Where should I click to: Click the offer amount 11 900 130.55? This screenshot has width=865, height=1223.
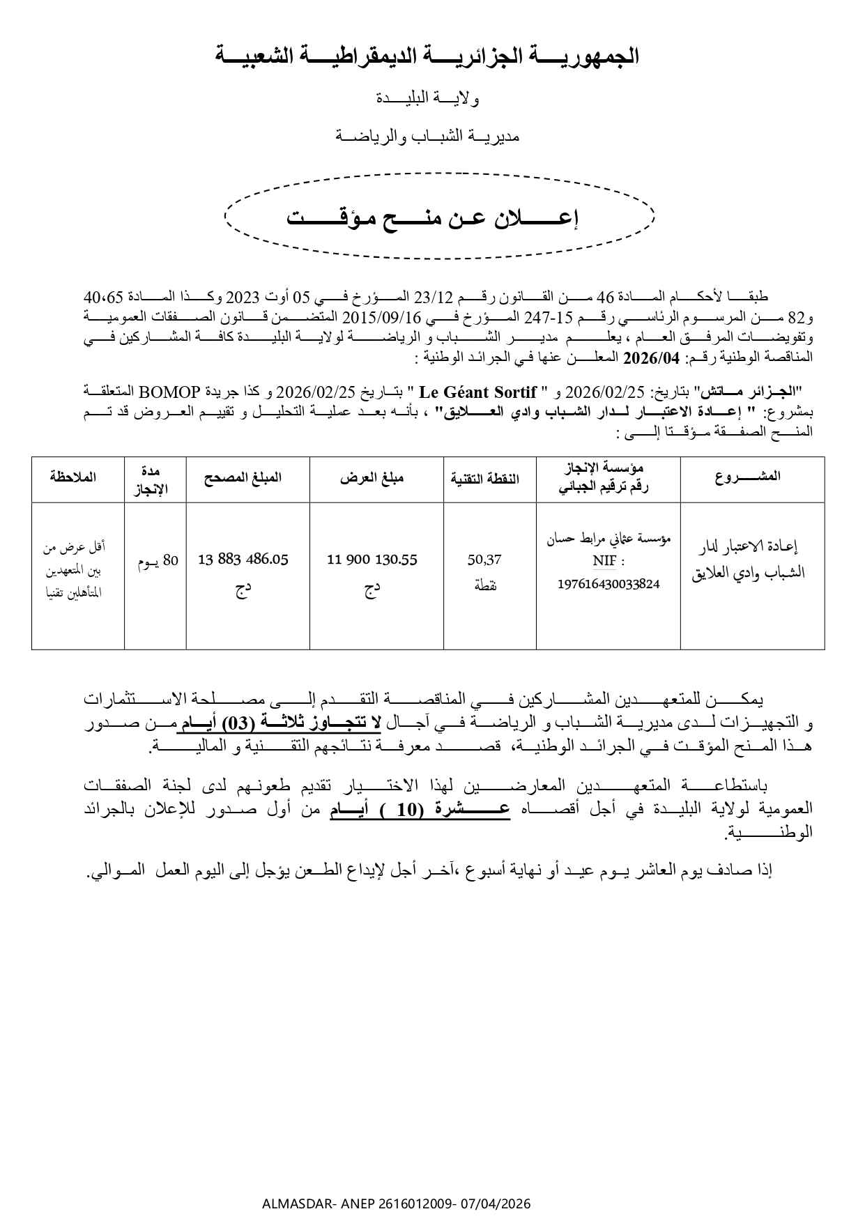click(x=372, y=560)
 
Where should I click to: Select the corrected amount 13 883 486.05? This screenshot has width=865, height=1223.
click(x=243, y=560)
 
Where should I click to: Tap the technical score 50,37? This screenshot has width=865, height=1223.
click(x=485, y=560)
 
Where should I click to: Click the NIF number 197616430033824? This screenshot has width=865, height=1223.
click(x=608, y=584)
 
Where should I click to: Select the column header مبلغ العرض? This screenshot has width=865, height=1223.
click(x=372, y=478)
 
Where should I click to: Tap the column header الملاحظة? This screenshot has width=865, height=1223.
click(x=73, y=477)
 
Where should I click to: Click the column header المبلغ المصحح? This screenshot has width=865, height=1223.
click(x=243, y=478)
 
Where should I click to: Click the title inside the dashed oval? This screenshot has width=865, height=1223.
click(x=434, y=218)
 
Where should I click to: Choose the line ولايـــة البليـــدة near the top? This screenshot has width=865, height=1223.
click(x=427, y=99)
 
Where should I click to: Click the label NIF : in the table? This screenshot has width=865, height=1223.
click(x=608, y=561)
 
